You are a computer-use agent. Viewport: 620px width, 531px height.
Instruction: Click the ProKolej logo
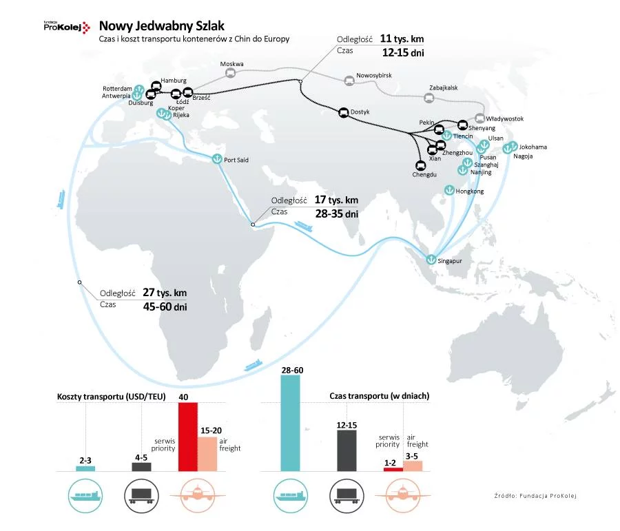point(66,27)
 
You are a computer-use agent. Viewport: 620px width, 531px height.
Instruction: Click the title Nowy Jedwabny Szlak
point(162,25)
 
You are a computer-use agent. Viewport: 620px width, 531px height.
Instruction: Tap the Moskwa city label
point(231,65)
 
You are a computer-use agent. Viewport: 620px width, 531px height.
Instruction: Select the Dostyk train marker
point(342,112)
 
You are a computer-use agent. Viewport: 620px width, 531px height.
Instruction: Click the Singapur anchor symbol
point(431,260)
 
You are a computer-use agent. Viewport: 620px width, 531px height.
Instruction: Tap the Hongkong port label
point(470,191)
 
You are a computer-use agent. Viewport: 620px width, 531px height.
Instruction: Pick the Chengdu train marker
point(420,165)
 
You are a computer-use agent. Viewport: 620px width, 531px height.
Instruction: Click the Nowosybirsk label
point(374,74)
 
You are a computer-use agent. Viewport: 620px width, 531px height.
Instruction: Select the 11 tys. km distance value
point(402,39)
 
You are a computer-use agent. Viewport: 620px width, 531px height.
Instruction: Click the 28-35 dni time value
point(337,214)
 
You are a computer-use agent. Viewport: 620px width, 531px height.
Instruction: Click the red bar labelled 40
point(188,437)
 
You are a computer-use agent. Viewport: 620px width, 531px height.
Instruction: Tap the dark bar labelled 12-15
point(347,451)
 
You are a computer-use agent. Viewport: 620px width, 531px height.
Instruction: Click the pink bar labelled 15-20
point(207,454)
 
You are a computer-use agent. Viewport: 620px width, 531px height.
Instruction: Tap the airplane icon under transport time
point(403,494)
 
